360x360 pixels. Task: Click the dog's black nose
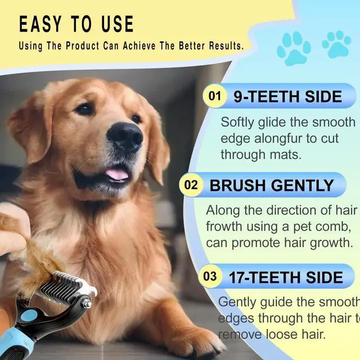125,136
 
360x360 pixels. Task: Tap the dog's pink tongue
117,174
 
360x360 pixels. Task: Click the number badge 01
215,96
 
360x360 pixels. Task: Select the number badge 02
191,185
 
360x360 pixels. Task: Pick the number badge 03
210,276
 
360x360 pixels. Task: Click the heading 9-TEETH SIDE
287,96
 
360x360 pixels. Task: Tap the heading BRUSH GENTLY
272,185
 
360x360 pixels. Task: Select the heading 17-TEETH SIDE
286,277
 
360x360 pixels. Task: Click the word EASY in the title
40,24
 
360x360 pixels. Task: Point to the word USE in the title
118,24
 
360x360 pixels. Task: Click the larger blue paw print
294,48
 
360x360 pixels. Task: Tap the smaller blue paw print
336,44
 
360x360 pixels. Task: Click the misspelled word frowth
224,227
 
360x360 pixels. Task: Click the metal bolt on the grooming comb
87,303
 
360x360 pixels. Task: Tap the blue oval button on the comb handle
29,316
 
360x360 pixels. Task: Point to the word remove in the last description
240,334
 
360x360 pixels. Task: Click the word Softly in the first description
237,123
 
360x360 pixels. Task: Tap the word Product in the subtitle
83,46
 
